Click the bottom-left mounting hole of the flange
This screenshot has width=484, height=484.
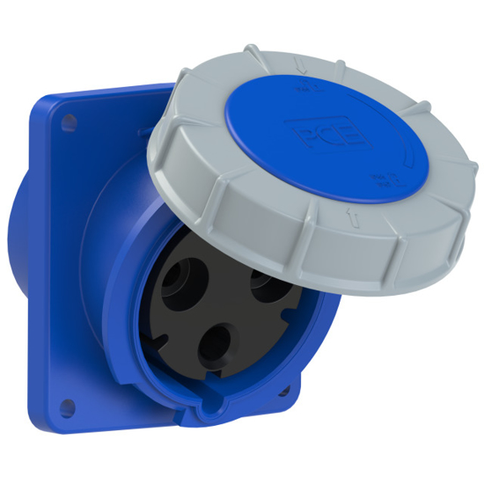65,407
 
